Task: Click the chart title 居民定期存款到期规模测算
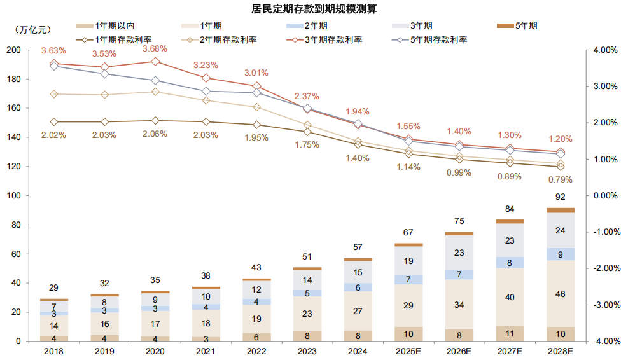pos(317,9)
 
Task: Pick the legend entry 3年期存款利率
pos(324,39)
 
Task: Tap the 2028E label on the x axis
pos(560,350)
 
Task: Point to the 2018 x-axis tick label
pos(54,350)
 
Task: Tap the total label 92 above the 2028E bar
pos(560,197)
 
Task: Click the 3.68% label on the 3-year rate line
pos(155,49)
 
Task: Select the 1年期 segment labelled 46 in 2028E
pos(560,294)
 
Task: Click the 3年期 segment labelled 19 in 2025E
pos(408,261)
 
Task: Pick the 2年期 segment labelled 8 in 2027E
pos(510,262)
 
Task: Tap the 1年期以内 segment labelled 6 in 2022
pos(256,337)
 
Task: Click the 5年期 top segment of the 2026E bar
pos(459,233)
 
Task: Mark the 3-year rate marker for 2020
pos(155,62)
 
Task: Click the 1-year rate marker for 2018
pos(54,122)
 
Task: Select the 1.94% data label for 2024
pos(358,111)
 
